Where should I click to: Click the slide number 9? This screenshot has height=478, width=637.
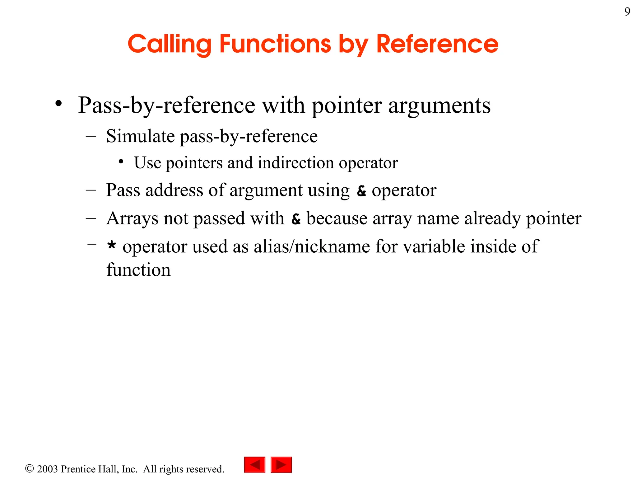[627, 12]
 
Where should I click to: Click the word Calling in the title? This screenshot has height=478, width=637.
[169, 45]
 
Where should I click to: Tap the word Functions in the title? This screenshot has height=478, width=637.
[275, 44]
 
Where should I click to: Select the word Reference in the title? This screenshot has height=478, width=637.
[437, 44]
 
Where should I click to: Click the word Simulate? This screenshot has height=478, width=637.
[140, 136]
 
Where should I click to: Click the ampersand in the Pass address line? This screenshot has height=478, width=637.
[361, 191]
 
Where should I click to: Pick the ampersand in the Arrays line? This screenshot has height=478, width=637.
[296, 219]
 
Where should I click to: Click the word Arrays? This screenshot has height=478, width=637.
[132, 218]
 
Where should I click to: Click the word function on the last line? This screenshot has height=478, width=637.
[138, 270]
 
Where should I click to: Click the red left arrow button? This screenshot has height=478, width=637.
[254, 465]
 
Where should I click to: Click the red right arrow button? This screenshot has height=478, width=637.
[281, 465]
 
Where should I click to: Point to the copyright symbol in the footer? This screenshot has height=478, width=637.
[29, 469]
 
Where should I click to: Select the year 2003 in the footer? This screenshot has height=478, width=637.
[47, 469]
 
